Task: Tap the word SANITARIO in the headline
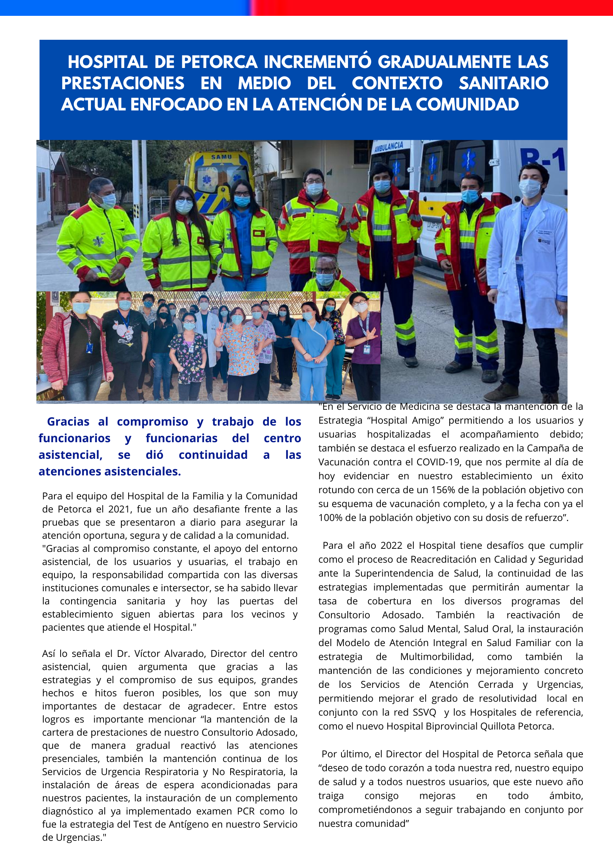tap(503, 83)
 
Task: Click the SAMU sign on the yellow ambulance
tap(221, 157)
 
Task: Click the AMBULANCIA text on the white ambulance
tap(389, 147)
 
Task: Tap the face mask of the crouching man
tap(324, 279)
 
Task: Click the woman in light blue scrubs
tap(312, 348)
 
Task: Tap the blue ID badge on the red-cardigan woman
tap(90, 348)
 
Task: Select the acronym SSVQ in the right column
tap(424, 713)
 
